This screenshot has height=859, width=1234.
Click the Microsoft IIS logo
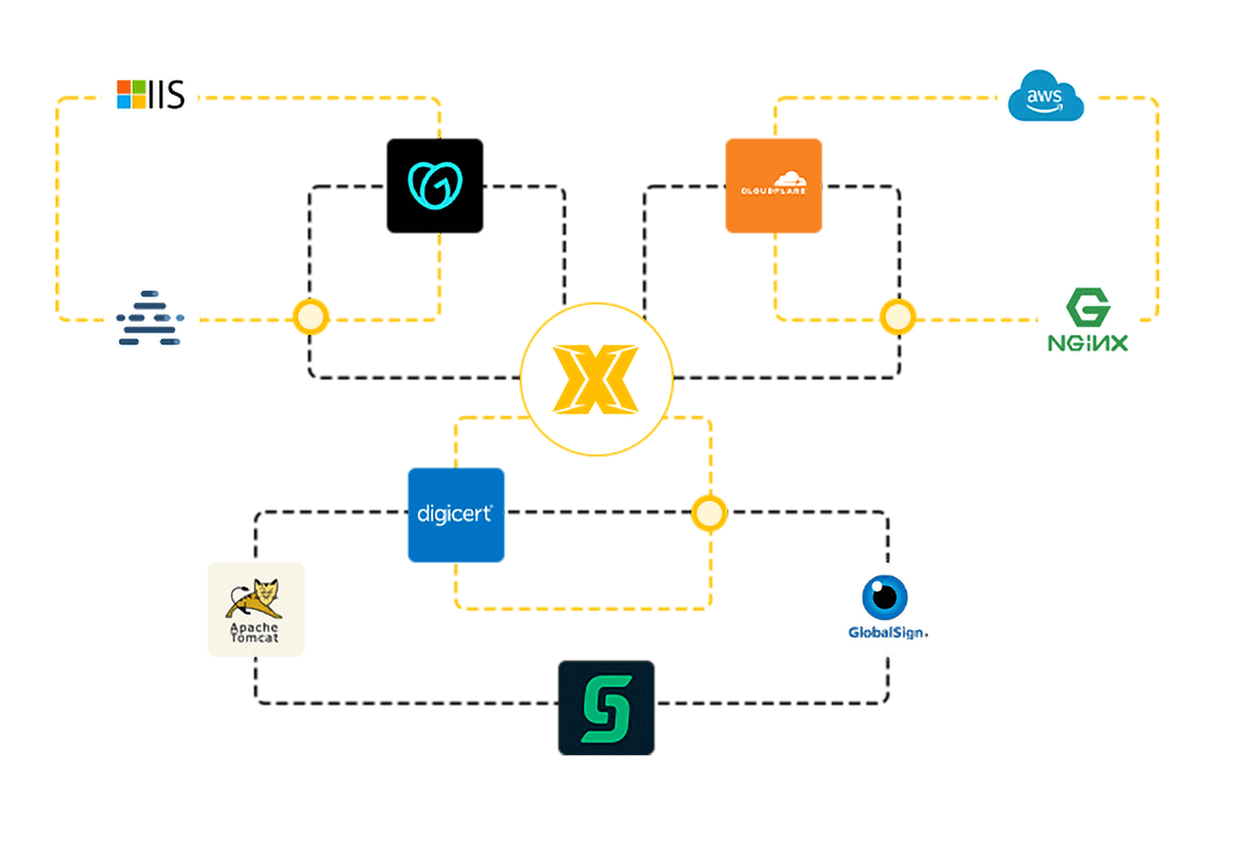point(151,95)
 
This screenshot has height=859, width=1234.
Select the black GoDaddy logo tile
point(435,186)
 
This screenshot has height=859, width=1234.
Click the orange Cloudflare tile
point(774,186)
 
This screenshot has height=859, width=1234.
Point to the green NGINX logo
point(1088,320)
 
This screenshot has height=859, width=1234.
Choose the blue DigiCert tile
point(456,514)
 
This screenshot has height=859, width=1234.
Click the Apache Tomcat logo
point(255,609)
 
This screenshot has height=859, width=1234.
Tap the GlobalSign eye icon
point(885,597)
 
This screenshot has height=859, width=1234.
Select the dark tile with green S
point(607,708)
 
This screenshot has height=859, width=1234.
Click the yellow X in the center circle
point(596,379)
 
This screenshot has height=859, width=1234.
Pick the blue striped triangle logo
point(150,318)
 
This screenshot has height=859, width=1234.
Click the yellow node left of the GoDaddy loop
point(310,317)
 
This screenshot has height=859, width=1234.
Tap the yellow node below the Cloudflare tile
point(897,317)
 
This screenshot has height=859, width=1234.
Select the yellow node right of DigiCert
point(709,513)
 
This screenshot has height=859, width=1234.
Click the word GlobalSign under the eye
point(888,632)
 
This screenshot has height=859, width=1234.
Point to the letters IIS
point(167,95)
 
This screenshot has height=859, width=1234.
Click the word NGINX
point(1088,343)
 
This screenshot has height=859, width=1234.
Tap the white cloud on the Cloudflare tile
point(789,178)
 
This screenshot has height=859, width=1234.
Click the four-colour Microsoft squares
point(132,95)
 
